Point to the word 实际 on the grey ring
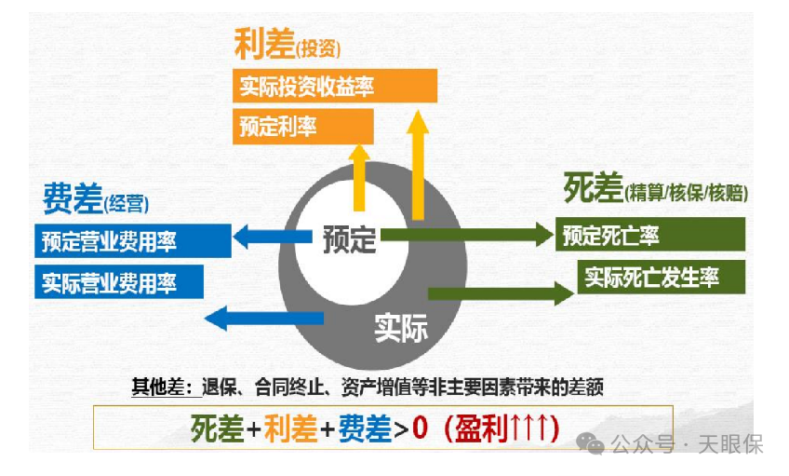click(401, 327)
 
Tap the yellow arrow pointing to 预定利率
click(360, 168)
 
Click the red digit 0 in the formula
click(420, 427)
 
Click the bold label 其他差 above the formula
click(155, 385)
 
